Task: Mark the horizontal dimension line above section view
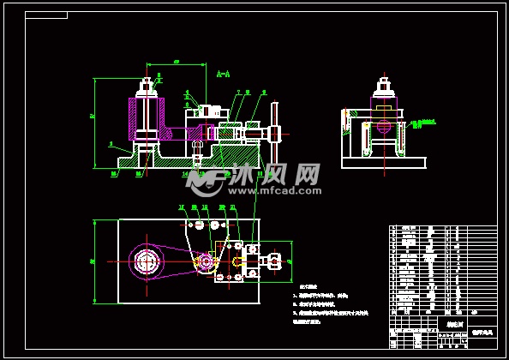[x=176, y=64]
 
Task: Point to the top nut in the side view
[x=383, y=86]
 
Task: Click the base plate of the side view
[x=383, y=163]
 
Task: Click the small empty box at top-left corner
[x=46, y=15]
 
